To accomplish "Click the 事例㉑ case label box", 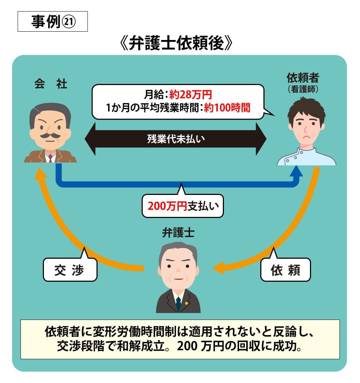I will point(53,22).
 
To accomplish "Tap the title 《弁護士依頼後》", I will point(176,44).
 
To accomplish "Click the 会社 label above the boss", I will point(51,84).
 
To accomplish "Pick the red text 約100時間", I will point(227,107).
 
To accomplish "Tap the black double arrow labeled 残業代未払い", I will point(176,139).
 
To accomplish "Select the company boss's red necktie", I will point(50,157).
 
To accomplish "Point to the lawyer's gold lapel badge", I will point(186,303).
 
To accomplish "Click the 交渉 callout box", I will point(69,270).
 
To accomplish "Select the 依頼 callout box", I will point(285,270).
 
